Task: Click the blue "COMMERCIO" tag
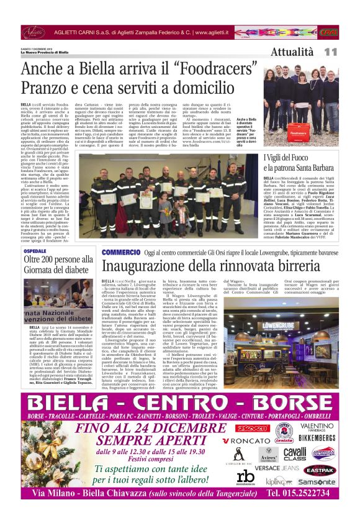tap(122, 252)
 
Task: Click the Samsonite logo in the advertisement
tap(317, 481)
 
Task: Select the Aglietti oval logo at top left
tap(34, 31)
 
